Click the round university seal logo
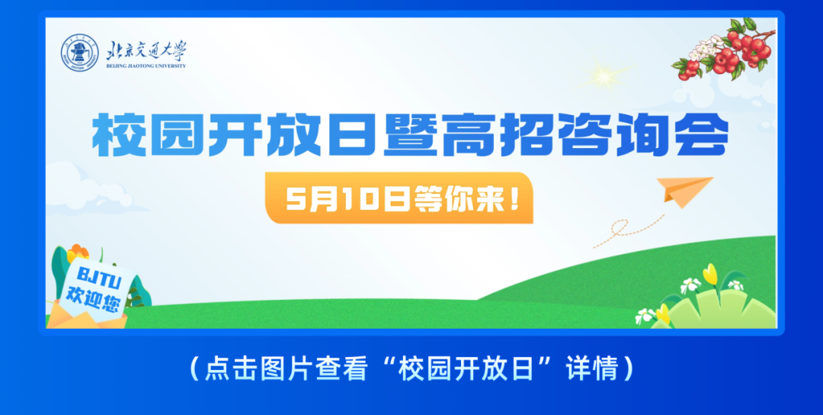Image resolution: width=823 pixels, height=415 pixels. pos(80,53)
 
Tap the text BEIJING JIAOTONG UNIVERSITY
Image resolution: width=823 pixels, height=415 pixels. pos(145,66)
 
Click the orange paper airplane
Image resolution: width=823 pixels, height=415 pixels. pos(687,188)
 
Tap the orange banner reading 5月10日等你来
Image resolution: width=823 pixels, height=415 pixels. pos(399,198)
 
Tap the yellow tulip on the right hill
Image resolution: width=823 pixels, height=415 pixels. pos(710,274)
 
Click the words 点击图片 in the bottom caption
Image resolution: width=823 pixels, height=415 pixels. pos(248,370)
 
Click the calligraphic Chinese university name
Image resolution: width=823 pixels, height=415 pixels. pos(145,50)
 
